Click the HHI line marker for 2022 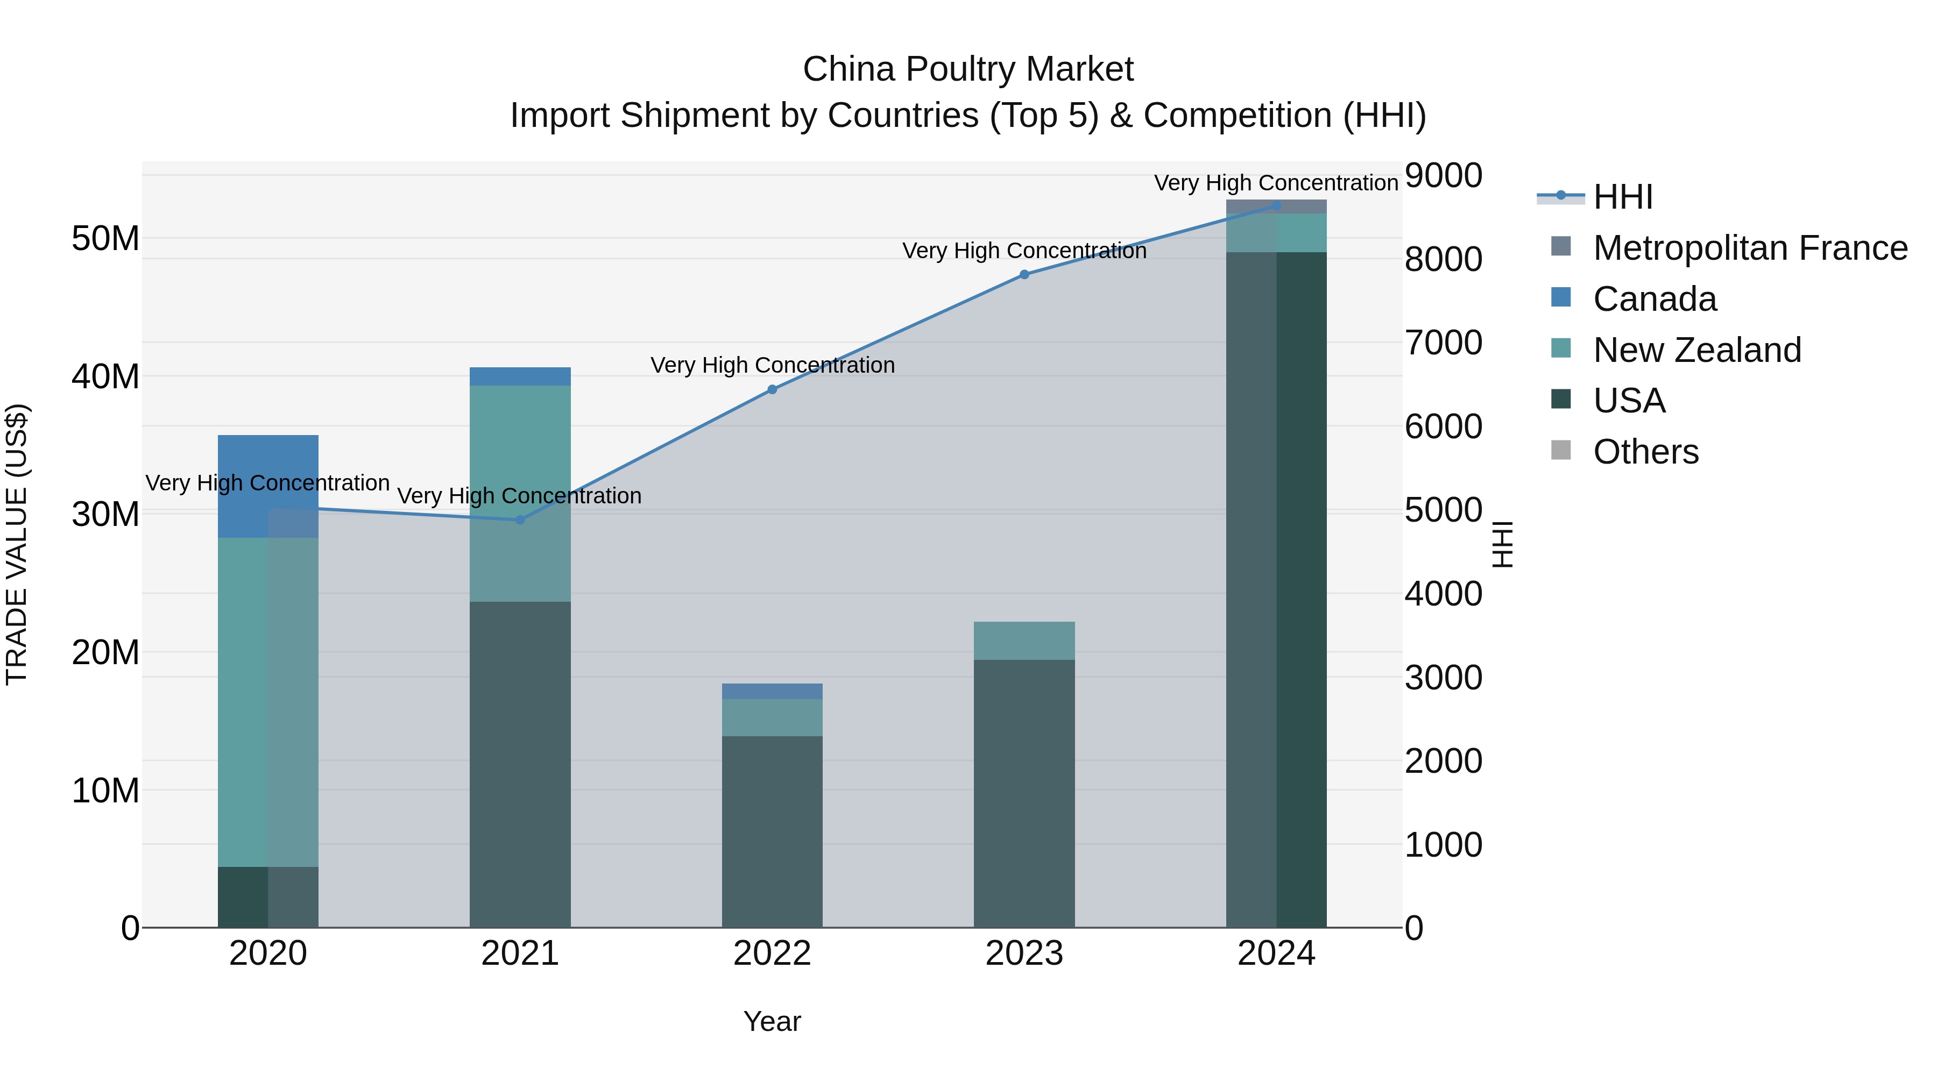772,389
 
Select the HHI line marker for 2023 1023,274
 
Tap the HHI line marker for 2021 520,519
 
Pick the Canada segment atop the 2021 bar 520,376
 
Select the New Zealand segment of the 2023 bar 1023,640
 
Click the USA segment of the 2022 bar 772,830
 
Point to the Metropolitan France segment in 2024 1276,206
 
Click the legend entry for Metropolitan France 1749,247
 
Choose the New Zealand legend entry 1696,350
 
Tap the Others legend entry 1645,452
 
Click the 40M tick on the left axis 105,376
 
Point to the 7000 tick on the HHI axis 1442,343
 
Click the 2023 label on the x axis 1023,953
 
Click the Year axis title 772,1021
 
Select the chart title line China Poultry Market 968,69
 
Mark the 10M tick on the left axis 105,791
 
